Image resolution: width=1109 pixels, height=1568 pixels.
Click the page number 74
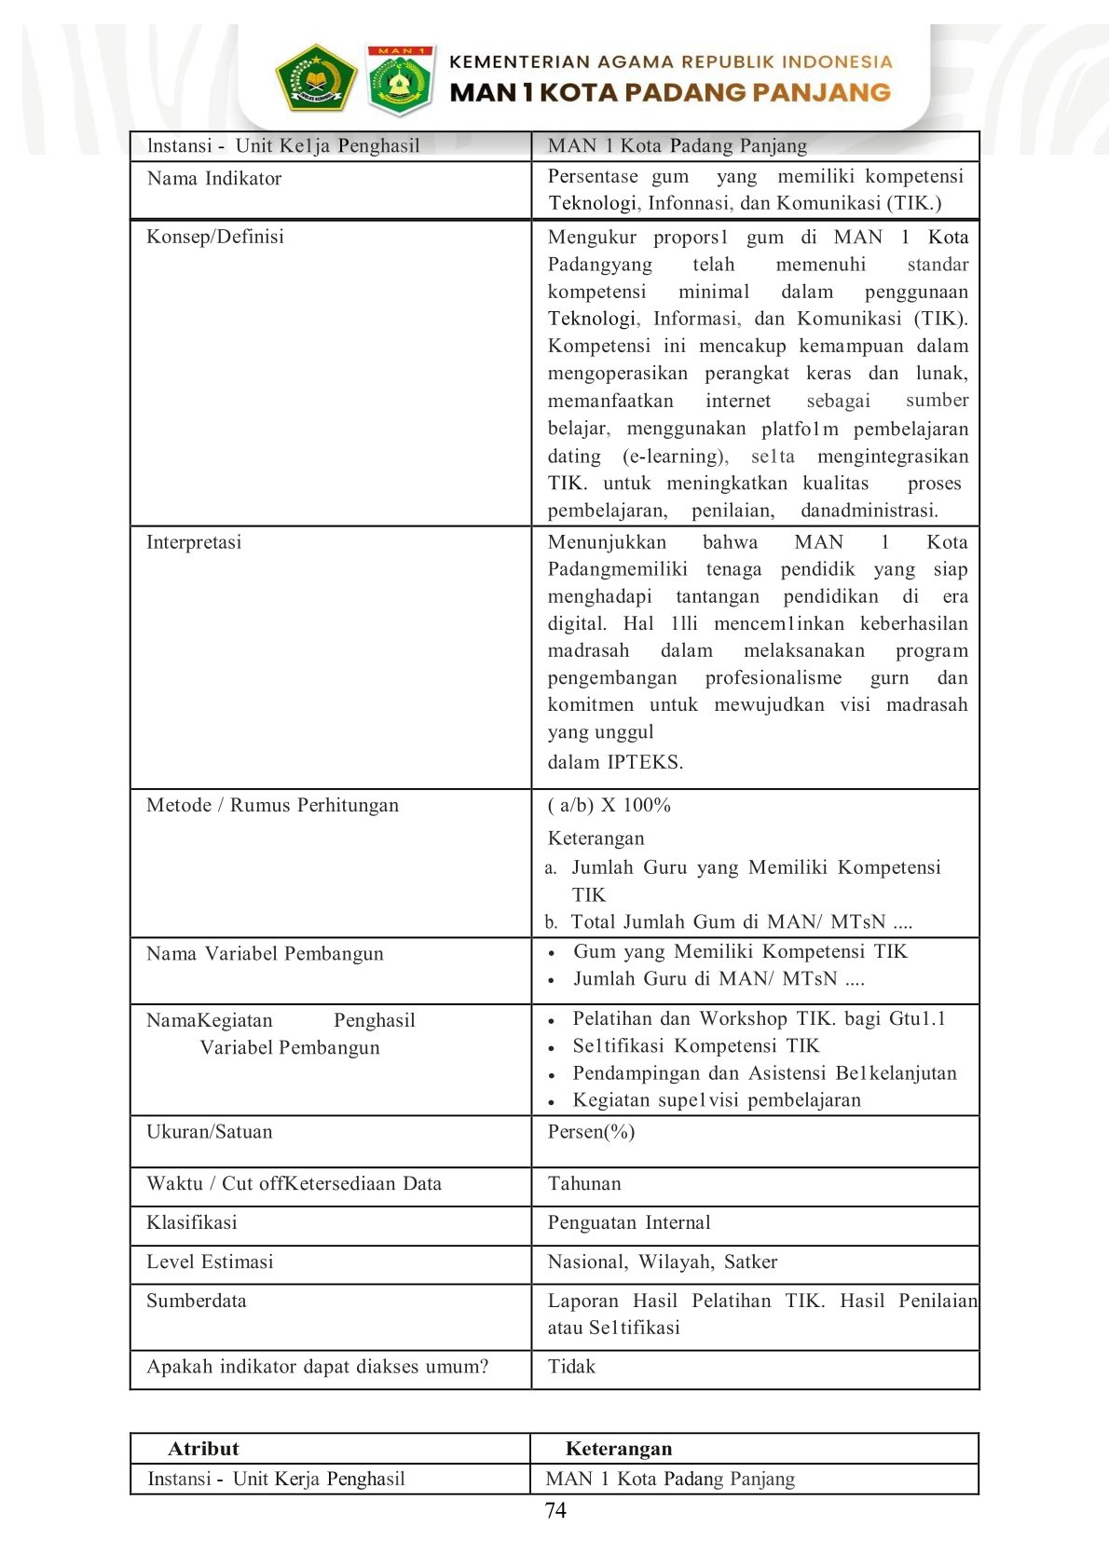[555, 1510]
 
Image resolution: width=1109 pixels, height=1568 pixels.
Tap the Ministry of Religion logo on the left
[316, 79]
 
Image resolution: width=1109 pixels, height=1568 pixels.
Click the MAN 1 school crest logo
[399, 80]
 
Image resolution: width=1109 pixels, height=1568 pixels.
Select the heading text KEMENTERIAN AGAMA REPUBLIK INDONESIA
[670, 62]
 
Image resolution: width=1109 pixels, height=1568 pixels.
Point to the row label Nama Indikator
[214, 179]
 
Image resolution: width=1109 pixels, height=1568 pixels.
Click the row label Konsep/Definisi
[215, 237]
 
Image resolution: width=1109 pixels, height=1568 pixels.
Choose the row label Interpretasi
[194, 542]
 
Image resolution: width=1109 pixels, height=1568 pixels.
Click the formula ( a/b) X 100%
[609, 805]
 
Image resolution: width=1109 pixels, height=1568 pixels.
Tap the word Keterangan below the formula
[596, 839]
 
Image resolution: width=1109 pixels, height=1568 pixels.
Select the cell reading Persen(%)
[592, 1132]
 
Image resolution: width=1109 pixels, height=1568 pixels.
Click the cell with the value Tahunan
[584, 1184]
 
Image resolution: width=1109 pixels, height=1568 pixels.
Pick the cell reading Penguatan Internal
[629, 1223]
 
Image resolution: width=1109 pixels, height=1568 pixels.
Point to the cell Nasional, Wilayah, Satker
[663, 1262]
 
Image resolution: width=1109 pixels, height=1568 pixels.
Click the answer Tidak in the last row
[571, 1367]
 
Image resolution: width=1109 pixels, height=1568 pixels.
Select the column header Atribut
[203, 1449]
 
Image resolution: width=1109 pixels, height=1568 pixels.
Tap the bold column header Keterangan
[619, 1449]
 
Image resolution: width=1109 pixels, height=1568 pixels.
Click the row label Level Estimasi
[210, 1262]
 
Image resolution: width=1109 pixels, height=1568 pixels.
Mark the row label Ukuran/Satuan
[210, 1132]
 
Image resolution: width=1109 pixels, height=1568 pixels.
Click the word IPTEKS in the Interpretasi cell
[645, 762]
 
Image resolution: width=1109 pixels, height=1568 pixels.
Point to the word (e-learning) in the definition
[676, 457]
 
